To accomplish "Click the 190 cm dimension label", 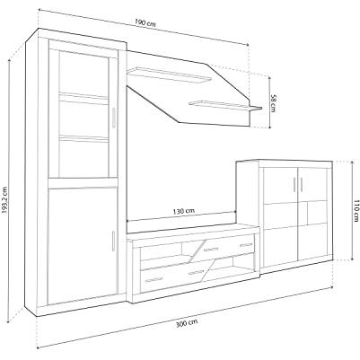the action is pos(145,22).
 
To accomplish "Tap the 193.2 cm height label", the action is pos(4,200).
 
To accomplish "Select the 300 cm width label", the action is pos(187,323).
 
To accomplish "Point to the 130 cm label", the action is pos(184,211).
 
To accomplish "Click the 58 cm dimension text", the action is pos(273,103).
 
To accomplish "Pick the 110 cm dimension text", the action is pos(356,211).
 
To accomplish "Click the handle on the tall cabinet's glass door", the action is pos(113,118).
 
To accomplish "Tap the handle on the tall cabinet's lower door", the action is pos(113,241).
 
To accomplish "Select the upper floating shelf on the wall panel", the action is pos(169,75).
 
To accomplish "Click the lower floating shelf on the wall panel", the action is pos(225,106).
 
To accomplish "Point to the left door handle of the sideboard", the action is pos(295,184).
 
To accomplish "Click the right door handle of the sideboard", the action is pos(302,184).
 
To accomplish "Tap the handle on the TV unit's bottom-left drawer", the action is pos(154,280).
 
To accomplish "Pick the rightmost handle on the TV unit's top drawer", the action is pos(246,245).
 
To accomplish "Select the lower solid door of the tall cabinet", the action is pos(82,244).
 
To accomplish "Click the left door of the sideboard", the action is pos(280,213).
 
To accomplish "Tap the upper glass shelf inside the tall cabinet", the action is pos(83,97).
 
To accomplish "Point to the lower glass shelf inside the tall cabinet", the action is pos(83,138).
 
